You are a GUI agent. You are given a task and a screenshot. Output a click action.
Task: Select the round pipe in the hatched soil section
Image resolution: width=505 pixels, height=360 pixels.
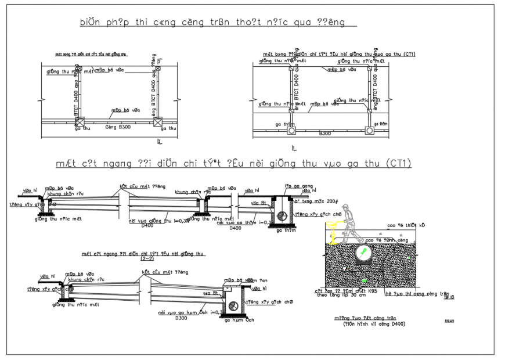[362, 253]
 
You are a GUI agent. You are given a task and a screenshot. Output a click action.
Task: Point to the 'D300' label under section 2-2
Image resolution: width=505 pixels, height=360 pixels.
[181, 318]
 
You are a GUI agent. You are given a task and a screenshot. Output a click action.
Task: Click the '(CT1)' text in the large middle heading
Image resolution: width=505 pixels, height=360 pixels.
[399, 164]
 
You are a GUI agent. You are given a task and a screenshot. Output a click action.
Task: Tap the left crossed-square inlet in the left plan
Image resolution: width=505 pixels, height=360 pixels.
[80, 122]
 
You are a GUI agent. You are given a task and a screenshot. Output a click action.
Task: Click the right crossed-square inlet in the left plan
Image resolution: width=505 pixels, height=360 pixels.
[157, 122]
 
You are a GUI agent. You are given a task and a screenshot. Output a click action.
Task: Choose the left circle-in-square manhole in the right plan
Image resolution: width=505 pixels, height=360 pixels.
[291, 131]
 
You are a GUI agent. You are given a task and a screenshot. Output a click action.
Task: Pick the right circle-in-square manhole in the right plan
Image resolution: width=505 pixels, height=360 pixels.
[368, 131]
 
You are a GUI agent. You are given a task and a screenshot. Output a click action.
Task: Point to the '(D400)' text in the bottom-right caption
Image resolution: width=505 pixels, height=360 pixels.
[394, 324]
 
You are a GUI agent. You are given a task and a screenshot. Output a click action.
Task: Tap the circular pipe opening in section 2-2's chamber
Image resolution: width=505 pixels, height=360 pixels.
[233, 305]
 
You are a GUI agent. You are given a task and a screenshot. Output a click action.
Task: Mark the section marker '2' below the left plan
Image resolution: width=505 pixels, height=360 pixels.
[158, 141]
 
